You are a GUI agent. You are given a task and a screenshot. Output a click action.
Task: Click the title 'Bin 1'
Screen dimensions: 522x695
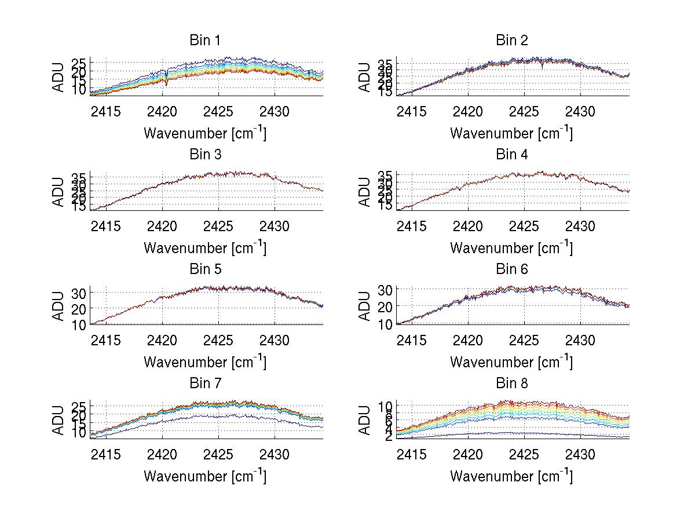point(205,41)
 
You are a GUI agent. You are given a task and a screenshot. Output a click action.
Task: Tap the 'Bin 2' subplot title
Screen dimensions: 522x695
point(511,41)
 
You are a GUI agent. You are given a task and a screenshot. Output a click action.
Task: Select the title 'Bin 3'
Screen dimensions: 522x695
point(205,155)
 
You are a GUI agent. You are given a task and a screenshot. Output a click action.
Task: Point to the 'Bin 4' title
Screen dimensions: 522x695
point(511,155)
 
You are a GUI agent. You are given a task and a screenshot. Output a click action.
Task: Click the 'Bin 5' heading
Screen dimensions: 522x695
point(205,269)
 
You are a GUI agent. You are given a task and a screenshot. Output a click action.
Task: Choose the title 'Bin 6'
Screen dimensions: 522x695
point(511,269)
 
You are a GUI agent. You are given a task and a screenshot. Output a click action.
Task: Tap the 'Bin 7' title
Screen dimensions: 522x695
point(205,384)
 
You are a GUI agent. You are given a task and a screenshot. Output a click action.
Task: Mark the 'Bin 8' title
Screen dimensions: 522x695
point(511,384)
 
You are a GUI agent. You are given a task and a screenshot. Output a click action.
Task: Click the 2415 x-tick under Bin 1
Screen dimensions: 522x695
point(106,111)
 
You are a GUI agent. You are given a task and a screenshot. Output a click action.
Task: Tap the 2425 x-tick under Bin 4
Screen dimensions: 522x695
point(525,225)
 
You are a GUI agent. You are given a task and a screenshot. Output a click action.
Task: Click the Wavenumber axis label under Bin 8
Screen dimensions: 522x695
point(511,476)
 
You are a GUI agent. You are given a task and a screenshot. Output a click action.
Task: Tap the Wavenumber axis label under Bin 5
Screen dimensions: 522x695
point(205,362)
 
